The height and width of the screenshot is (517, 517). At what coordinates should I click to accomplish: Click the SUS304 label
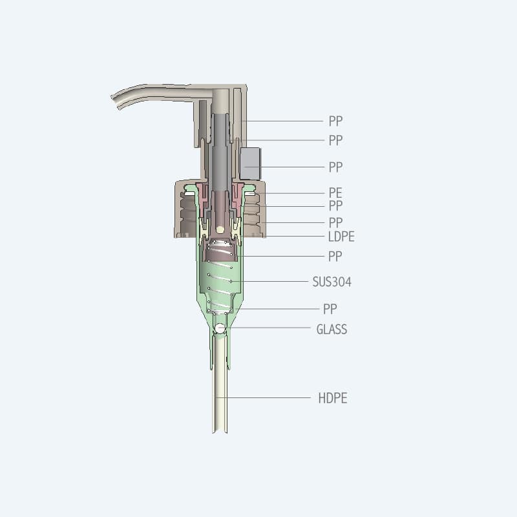[332, 282]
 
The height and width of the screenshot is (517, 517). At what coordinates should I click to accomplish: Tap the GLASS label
[332, 330]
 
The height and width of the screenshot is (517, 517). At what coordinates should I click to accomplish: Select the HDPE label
[333, 398]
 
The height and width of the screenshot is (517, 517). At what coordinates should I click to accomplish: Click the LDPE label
[341, 237]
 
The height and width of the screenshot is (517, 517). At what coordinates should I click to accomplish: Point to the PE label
[335, 193]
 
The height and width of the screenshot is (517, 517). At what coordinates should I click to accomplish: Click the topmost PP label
[335, 121]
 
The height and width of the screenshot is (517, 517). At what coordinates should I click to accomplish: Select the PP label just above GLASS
[330, 310]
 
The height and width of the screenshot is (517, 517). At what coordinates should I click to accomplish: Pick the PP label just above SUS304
[335, 257]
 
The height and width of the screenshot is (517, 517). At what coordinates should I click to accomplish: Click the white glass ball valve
[220, 328]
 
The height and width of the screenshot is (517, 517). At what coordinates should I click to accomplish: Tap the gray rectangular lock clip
[250, 164]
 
